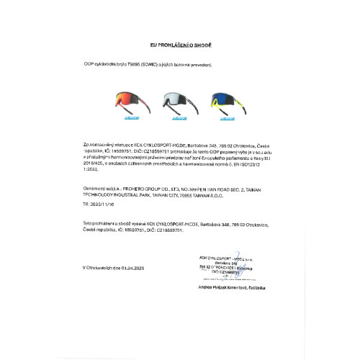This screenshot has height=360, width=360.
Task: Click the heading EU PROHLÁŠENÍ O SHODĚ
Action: [x=180, y=45]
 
